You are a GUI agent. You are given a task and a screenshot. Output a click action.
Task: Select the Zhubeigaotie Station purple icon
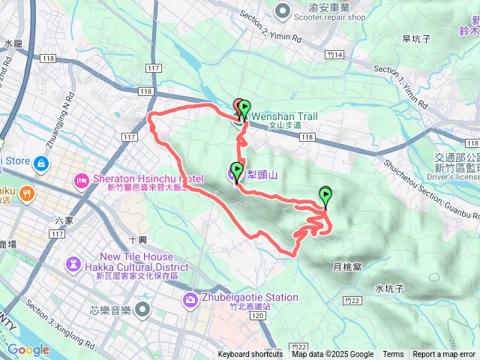click(190, 301)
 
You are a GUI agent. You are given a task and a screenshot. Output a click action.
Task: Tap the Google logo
click(28, 349)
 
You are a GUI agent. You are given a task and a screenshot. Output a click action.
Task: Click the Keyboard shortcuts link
click(250, 355)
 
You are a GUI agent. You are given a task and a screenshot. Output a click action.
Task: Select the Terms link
click(393, 355)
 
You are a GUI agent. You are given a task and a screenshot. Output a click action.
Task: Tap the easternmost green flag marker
click(325, 195)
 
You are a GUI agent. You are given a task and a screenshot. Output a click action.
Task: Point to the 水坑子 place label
click(390, 288)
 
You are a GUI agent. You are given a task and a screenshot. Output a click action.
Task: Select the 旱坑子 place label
click(415, 39)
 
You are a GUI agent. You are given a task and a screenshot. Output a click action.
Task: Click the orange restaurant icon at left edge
click(27, 193)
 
